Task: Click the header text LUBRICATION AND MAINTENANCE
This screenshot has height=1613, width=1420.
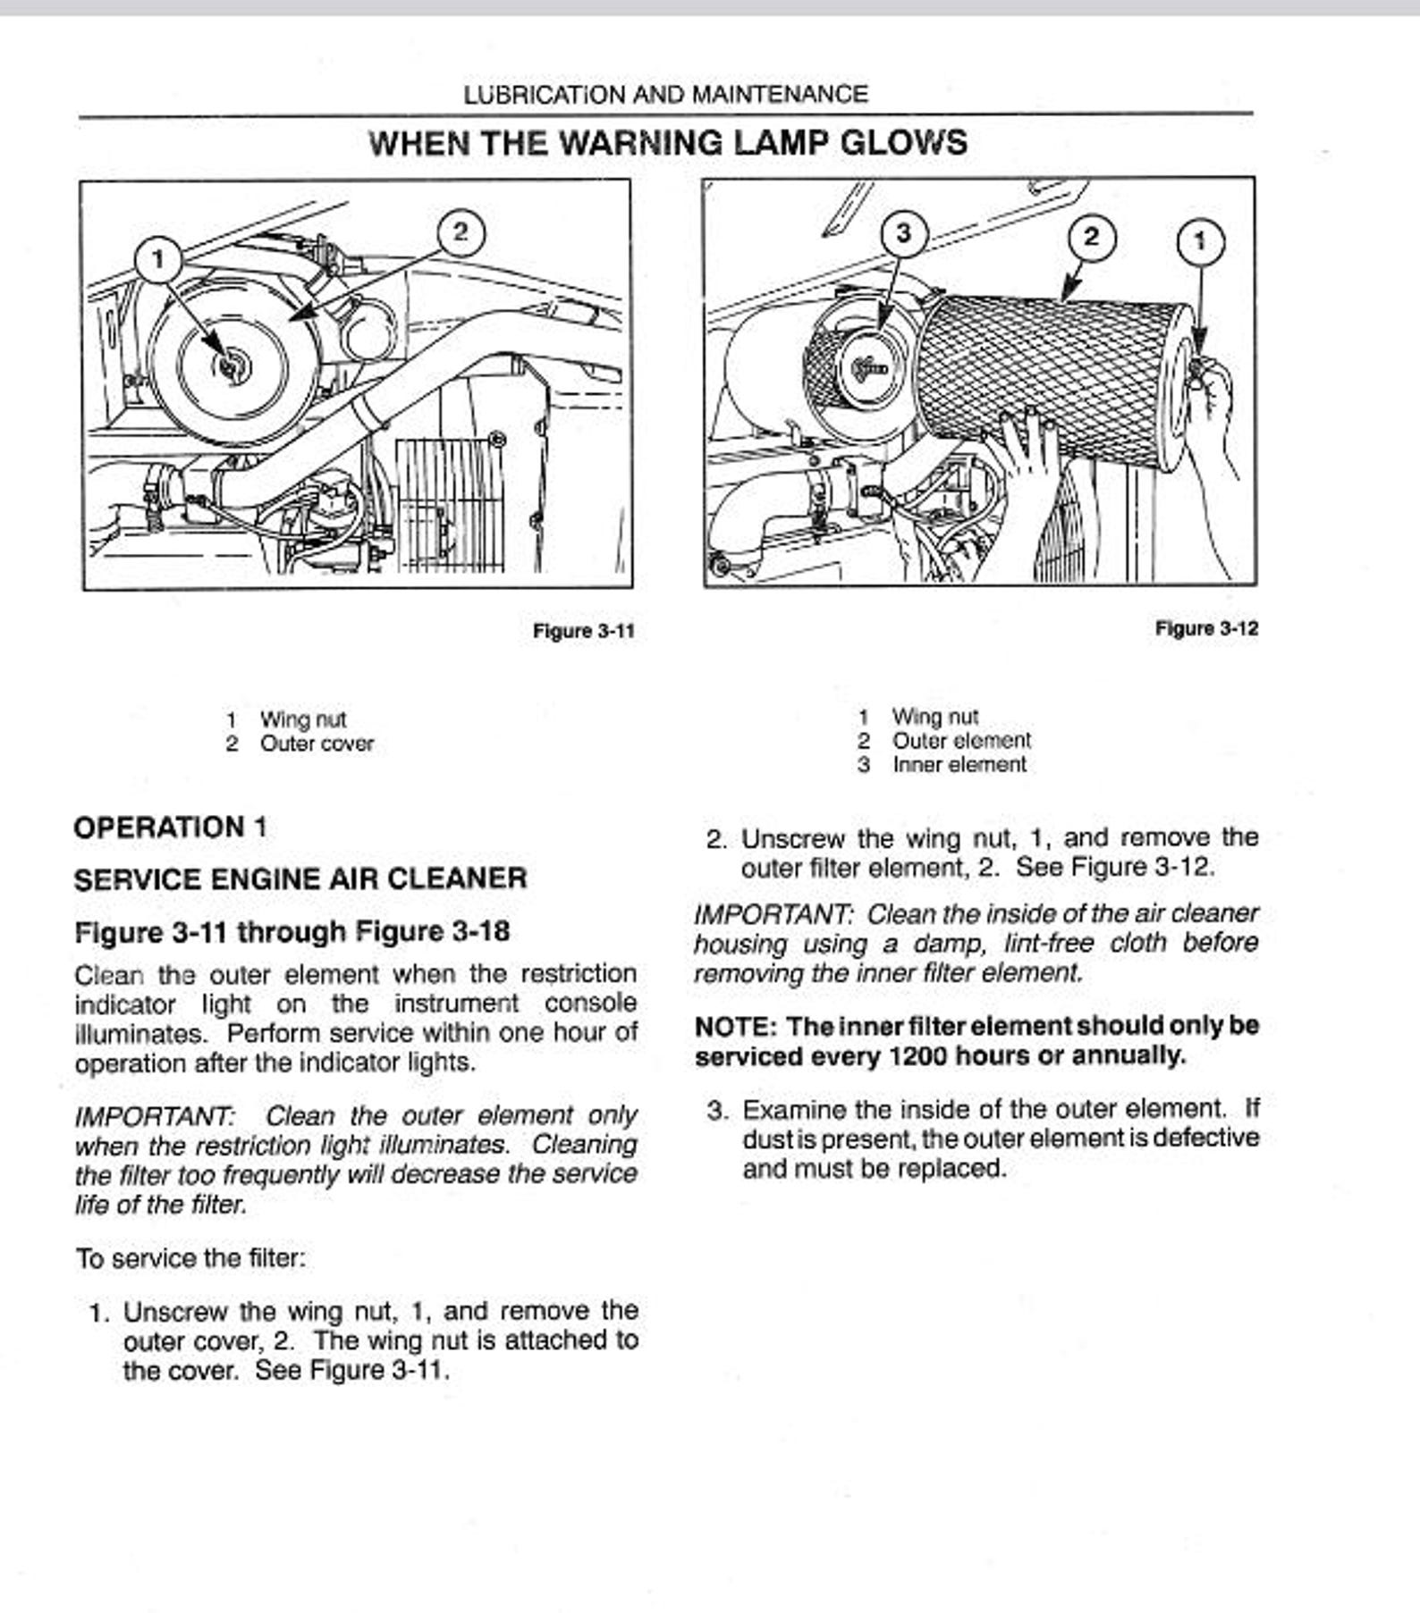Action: click(x=665, y=95)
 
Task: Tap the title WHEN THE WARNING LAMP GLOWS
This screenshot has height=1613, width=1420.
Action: click(x=668, y=143)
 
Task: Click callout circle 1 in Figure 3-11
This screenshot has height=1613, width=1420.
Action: click(x=158, y=260)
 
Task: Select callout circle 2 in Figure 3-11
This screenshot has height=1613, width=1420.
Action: click(x=461, y=232)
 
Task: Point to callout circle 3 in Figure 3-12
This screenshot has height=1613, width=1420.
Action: click(x=904, y=233)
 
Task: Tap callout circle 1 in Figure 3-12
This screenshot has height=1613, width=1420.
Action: click(x=1200, y=241)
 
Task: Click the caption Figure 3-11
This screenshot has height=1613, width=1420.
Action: click(x=583, y=631)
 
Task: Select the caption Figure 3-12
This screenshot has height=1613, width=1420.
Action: click(x=1206, y=628)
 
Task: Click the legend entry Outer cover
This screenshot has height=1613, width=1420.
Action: click(x=317, y=743)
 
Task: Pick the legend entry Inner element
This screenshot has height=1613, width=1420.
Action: click(x=959, y=765)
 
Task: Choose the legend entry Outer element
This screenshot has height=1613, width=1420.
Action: click(x=960, y=741)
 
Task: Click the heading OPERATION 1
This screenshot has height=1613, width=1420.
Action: click(x=170, y=828)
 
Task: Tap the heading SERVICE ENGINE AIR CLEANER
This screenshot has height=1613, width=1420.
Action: click(x=300, y=879)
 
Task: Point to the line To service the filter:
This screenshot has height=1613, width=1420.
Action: click(x=190, y=1259)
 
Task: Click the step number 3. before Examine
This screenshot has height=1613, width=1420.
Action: click(x=718, y=1111)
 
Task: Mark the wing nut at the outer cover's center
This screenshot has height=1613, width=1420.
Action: click(x=231, y=366)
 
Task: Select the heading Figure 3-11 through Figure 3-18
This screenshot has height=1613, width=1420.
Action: click(x=292, y=932)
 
